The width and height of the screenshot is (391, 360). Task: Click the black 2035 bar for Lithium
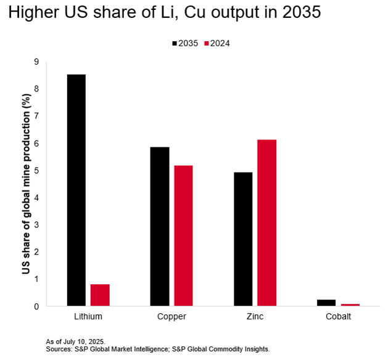point(76,190)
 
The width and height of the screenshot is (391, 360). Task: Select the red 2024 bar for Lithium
point(100,295)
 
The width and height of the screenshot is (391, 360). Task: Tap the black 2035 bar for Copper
point(160,226)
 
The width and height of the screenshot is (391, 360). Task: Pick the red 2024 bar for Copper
point(183,235)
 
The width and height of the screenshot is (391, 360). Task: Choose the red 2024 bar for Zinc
point(267,223)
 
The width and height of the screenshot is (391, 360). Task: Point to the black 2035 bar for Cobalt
point(326,303)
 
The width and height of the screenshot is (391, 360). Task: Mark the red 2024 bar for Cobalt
point(350,305)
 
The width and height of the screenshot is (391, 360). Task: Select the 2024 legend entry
point(221,43)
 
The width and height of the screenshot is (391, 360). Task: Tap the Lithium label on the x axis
point(88,316)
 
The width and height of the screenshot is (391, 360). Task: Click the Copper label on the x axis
point(171,316)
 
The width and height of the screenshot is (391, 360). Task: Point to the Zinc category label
point(255,316)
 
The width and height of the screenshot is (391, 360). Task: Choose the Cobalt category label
point(338,316)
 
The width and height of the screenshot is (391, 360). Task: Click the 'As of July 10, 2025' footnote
point(76,341)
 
